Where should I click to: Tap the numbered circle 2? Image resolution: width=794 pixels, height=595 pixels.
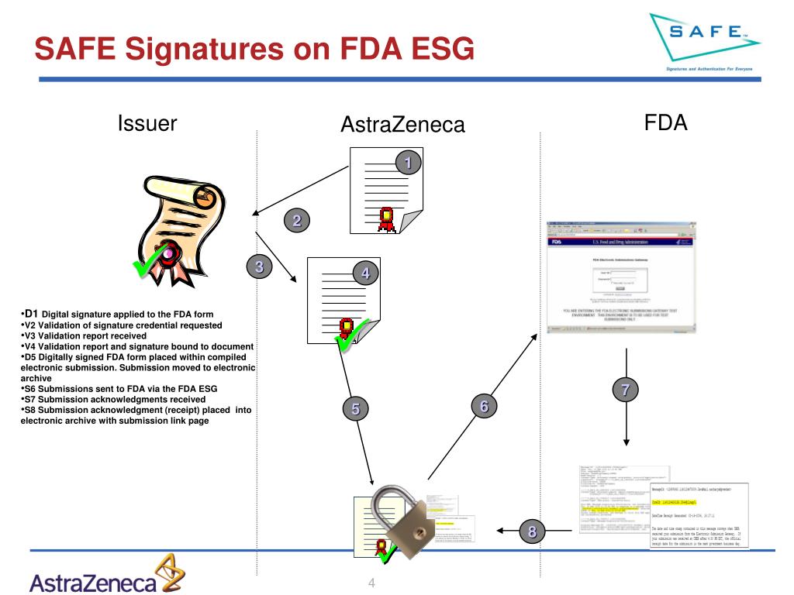[x=295, y=221]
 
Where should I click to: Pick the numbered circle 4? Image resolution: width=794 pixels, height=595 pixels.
[x=365, y=272]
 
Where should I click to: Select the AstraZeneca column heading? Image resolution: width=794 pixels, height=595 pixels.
[x=402, y=124]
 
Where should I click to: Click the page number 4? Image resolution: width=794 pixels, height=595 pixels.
[x=372, y=583]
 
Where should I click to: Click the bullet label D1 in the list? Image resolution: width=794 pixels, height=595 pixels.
[x=33, y=313]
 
